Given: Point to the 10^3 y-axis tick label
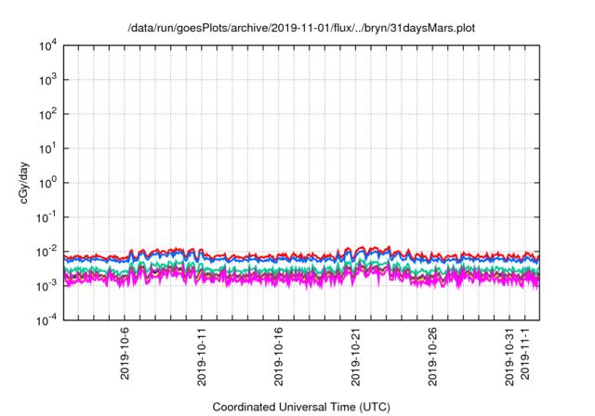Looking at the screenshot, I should click(47, 80).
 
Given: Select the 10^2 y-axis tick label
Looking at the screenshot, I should click(47, 114).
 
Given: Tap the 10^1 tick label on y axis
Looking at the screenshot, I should click(47, 149).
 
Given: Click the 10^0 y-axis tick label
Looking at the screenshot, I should click(47, 182).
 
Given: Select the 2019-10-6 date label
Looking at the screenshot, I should click(126, 354).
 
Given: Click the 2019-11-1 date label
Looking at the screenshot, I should click(524, 354).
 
